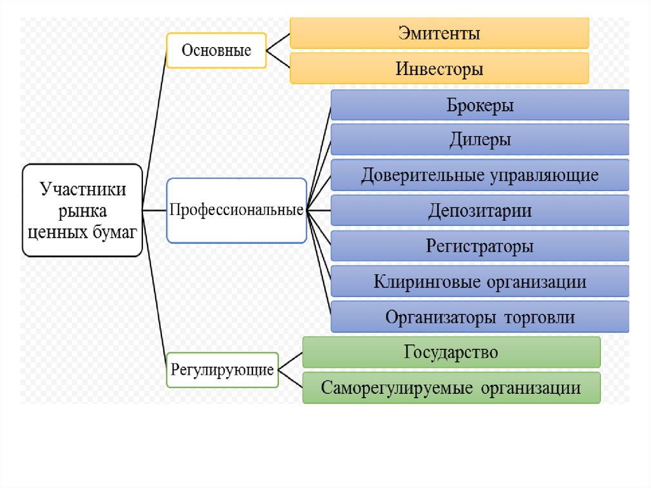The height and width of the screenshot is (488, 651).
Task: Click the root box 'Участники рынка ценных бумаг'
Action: coord(82,210)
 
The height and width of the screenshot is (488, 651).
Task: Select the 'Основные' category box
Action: coord(216,50)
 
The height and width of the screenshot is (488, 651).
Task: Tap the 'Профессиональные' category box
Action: coord(236,210)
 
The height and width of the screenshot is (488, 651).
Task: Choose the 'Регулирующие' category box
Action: coord(223,370)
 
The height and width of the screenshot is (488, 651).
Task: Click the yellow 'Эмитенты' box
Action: coord(439,33)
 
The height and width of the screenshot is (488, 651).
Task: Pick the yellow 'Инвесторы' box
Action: coord(439,68)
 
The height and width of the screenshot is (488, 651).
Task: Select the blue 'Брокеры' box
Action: coord(480,105)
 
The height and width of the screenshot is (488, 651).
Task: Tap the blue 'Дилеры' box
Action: coord(480,140)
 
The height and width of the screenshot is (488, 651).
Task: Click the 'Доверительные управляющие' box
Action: coord(480,175)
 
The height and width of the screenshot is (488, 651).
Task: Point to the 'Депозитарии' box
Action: coord(480,210)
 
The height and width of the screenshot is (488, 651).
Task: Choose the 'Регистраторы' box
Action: coord(480,246)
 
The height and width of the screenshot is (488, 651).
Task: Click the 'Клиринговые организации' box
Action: coord(480,281)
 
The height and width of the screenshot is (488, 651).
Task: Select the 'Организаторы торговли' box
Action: coord(480,317)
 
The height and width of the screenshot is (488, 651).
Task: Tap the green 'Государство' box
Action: coord(451,352)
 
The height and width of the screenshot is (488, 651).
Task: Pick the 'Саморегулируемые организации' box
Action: coord(451,387)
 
